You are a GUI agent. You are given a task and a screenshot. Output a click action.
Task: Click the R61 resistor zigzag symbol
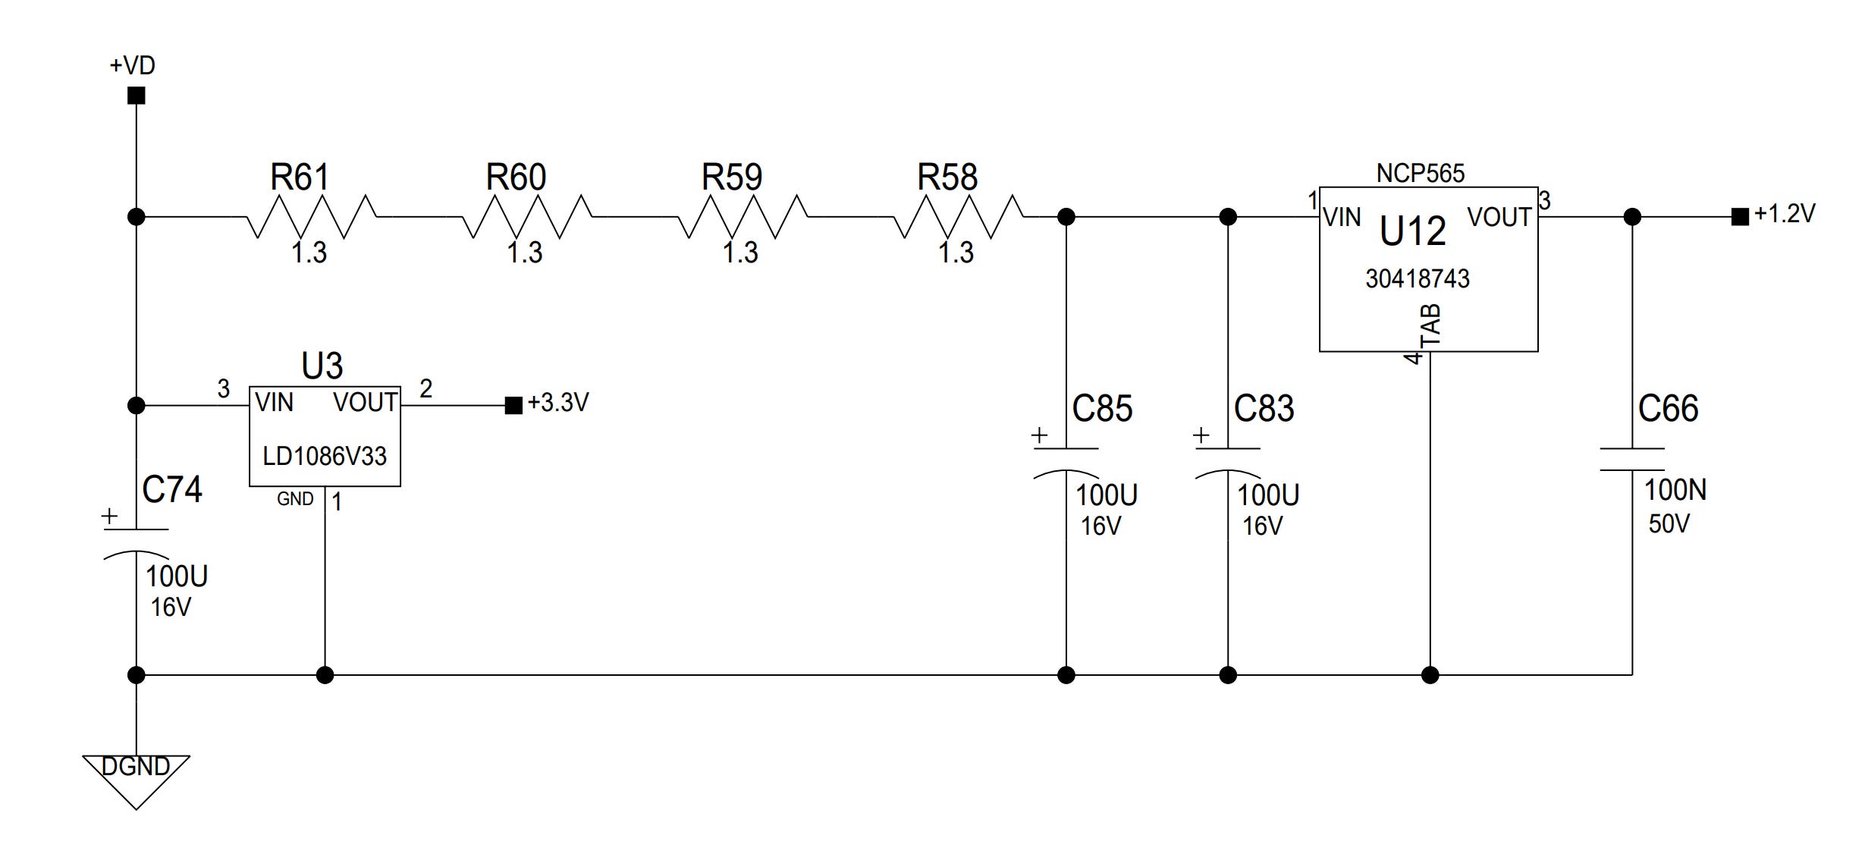tap(311, 217)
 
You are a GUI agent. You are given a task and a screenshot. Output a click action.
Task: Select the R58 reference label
tap(947, 177)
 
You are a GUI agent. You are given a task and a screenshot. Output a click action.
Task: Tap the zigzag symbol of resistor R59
tap(743, 217)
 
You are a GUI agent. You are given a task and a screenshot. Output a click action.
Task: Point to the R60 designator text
tap(516, 177)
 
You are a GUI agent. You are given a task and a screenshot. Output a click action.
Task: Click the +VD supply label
tap(133, 65)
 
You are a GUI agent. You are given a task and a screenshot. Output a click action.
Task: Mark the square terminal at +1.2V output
tap(1740, 217)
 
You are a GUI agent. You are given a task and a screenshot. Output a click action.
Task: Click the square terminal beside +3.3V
tap(513, 406)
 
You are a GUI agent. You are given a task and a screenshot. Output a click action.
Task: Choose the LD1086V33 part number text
tap(325, 456)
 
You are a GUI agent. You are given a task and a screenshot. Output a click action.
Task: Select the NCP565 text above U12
tap(1421, 173)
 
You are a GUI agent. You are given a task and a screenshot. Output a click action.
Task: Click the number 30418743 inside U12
tap(1418, 278)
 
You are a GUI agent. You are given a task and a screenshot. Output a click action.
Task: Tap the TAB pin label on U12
tap(1430, 325)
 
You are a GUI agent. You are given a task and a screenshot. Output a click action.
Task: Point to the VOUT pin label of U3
tap(366, 402)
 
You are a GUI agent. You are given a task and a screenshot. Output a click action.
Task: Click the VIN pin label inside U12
tap(1342, 218)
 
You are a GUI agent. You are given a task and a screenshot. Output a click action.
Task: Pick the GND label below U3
tap(295, 499)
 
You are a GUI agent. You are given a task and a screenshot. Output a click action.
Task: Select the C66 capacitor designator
tap(1668, 409)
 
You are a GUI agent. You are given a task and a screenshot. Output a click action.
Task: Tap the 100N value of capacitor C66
tap(1675, 490)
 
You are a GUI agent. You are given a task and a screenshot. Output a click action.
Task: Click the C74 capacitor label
tap(172, 489)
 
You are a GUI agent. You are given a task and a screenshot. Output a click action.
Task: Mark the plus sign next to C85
tap(1039, 435)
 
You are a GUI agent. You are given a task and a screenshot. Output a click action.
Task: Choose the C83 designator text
tap(1264, 409)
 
